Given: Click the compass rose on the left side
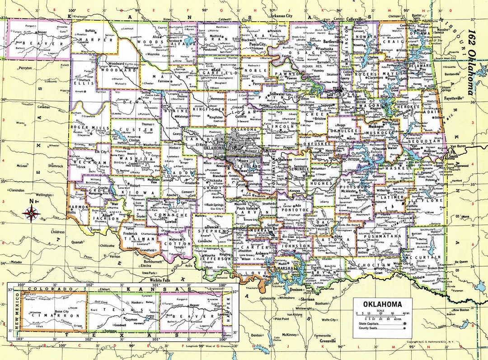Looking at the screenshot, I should (31, 213).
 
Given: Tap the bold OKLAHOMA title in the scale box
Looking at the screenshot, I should (382, 303).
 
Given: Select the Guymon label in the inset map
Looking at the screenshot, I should (131, 320).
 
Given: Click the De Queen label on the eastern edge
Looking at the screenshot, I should (461, 261).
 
